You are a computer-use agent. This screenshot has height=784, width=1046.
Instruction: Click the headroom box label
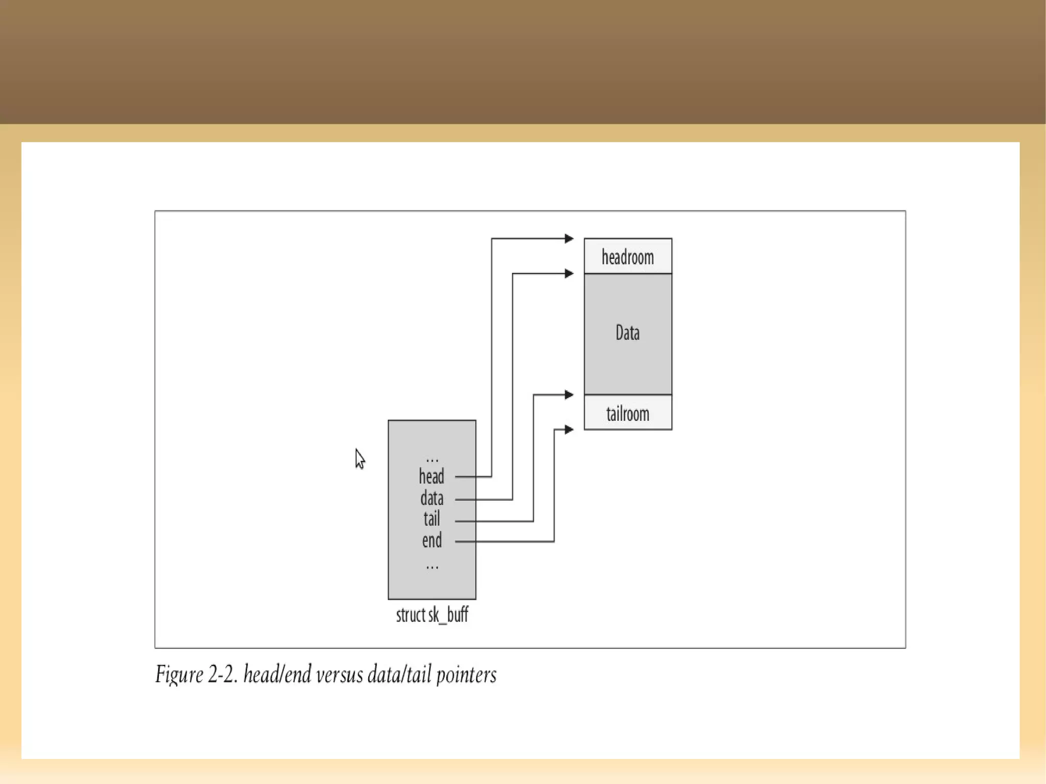click(x=627, y=257)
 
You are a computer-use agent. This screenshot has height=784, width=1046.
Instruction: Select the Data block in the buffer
click(x=627, y=333)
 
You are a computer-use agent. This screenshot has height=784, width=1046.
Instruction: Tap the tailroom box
click(x=627, y=413)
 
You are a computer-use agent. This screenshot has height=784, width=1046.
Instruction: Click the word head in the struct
click(x=431, y=477)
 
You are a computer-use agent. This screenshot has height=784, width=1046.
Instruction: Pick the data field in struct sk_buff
click(x=432, y=498)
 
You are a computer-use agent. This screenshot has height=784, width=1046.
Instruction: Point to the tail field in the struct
click(x=432, y=519)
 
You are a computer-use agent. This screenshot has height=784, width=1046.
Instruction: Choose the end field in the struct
click(x=432, y=540)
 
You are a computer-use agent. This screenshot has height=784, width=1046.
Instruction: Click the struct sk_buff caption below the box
click(x=432, y=614)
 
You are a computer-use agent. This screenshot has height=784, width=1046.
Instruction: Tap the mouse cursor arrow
click(x=360, y=458)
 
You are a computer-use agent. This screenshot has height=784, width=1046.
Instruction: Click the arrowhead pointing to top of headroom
click(x=568, y=239)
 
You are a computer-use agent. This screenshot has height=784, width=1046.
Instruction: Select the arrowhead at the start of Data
click(x=568, y=274)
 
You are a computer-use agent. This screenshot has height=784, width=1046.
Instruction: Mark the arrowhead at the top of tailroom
click(x=568, y=395)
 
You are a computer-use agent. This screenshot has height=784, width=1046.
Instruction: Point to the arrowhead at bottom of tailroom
click(x=568, y=430)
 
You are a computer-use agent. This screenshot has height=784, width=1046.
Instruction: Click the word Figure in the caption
click(x=179, y=675)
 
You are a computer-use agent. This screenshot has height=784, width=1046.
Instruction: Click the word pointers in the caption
click(x=466, y=675)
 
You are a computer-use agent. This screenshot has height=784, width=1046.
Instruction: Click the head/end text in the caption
click(x=277, y=675)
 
